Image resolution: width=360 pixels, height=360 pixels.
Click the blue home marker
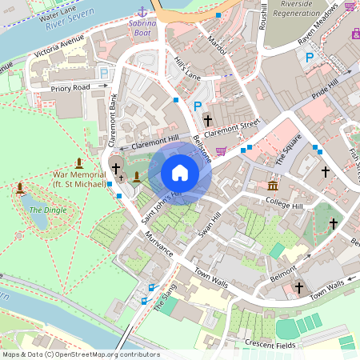point(180,173)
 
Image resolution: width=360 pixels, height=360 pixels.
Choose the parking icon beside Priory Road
point(103,73)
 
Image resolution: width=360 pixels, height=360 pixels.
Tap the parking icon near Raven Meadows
point(310,57)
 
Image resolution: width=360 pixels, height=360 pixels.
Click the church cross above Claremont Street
point(208,121)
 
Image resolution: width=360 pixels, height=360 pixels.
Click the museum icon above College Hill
point(273,186)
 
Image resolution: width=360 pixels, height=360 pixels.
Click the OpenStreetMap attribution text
point(80,354)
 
